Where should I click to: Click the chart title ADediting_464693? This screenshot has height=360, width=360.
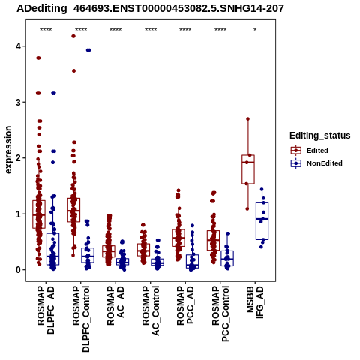(150, 9)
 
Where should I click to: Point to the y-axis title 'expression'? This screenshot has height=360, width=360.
(8, 150)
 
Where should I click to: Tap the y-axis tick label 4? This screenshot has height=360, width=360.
(18, 46)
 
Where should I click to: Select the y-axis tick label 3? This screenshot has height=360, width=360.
(18, 102)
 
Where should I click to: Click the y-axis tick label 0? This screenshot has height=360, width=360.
(18, 270)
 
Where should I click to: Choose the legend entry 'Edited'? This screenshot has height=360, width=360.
(317, 151)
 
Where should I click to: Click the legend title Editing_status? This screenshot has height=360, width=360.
(320, 136)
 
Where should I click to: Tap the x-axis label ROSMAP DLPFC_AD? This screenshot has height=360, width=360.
(46, 310)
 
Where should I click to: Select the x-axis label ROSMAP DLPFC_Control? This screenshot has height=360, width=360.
(81, 319)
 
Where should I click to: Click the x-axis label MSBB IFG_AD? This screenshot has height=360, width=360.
(255, 302)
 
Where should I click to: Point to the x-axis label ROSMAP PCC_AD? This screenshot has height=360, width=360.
(185, 305)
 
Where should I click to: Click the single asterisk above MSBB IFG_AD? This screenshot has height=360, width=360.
(255, 30)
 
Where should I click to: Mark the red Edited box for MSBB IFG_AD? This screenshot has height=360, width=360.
(248, 169)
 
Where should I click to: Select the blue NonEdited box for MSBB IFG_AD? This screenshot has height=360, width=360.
(262, 221)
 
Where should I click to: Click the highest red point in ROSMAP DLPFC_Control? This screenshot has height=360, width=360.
(73, 36)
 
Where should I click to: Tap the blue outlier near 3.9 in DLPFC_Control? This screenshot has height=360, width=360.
(88, 50)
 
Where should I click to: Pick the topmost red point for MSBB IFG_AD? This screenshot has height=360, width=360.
(248, 119)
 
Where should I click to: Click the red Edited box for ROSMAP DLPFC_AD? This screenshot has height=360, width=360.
(39, 214)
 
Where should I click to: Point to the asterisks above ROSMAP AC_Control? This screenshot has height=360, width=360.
(151, 30)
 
